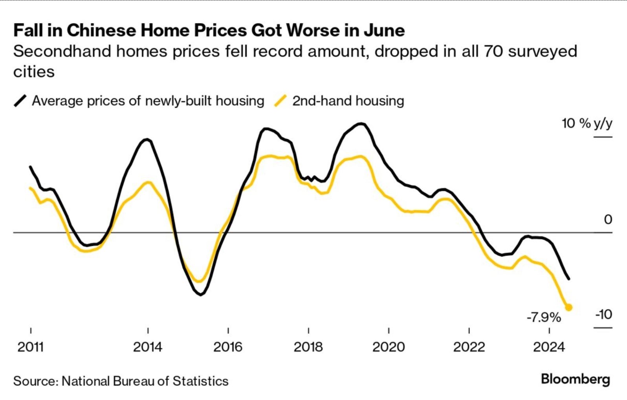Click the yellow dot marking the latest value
point(568,307)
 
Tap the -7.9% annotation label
point(544,317)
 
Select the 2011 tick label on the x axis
point(30,347)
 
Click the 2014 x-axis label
point(148,347)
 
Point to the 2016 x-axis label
point(228,347)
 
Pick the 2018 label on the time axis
point(308,347)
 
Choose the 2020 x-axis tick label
point(388,347)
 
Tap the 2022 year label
point(469,347)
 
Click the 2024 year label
point(549,347)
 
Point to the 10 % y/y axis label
point(587,124)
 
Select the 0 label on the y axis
point(608,219)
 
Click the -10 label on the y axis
point(603,315)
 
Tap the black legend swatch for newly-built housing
point(20,101)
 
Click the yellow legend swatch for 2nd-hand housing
point(280,101)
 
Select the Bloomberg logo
point(575,379)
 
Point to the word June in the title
point(384,31)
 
